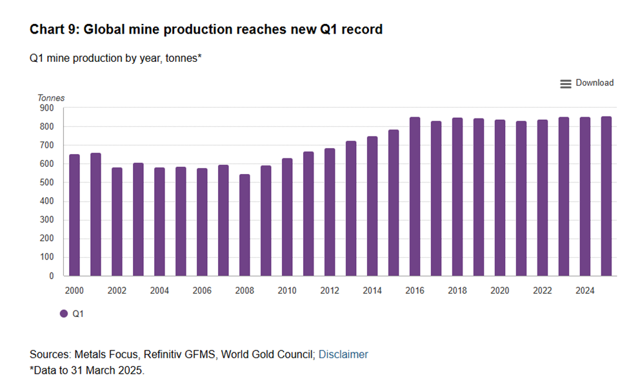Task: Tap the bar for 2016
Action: [x=415, y=197]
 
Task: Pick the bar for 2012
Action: [x=330, y=212]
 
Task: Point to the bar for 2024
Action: [x=585, y=197]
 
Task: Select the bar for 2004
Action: [x=159, y=222]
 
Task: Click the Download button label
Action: [x=594, y=83]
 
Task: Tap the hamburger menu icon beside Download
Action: [x=566, y=84]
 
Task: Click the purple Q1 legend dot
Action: [x=64, y=314]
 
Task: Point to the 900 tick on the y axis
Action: [x=46, y=108]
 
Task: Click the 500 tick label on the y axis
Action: [x=46, y=183]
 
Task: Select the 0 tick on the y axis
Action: [x=50, y=276]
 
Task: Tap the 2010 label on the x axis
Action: [x=287, y=291]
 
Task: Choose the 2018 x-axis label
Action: [x=457, y=291]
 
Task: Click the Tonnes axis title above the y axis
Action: [x=51, y=98]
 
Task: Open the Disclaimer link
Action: [x=343, y=354]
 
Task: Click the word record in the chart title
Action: [x=363, y=30]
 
